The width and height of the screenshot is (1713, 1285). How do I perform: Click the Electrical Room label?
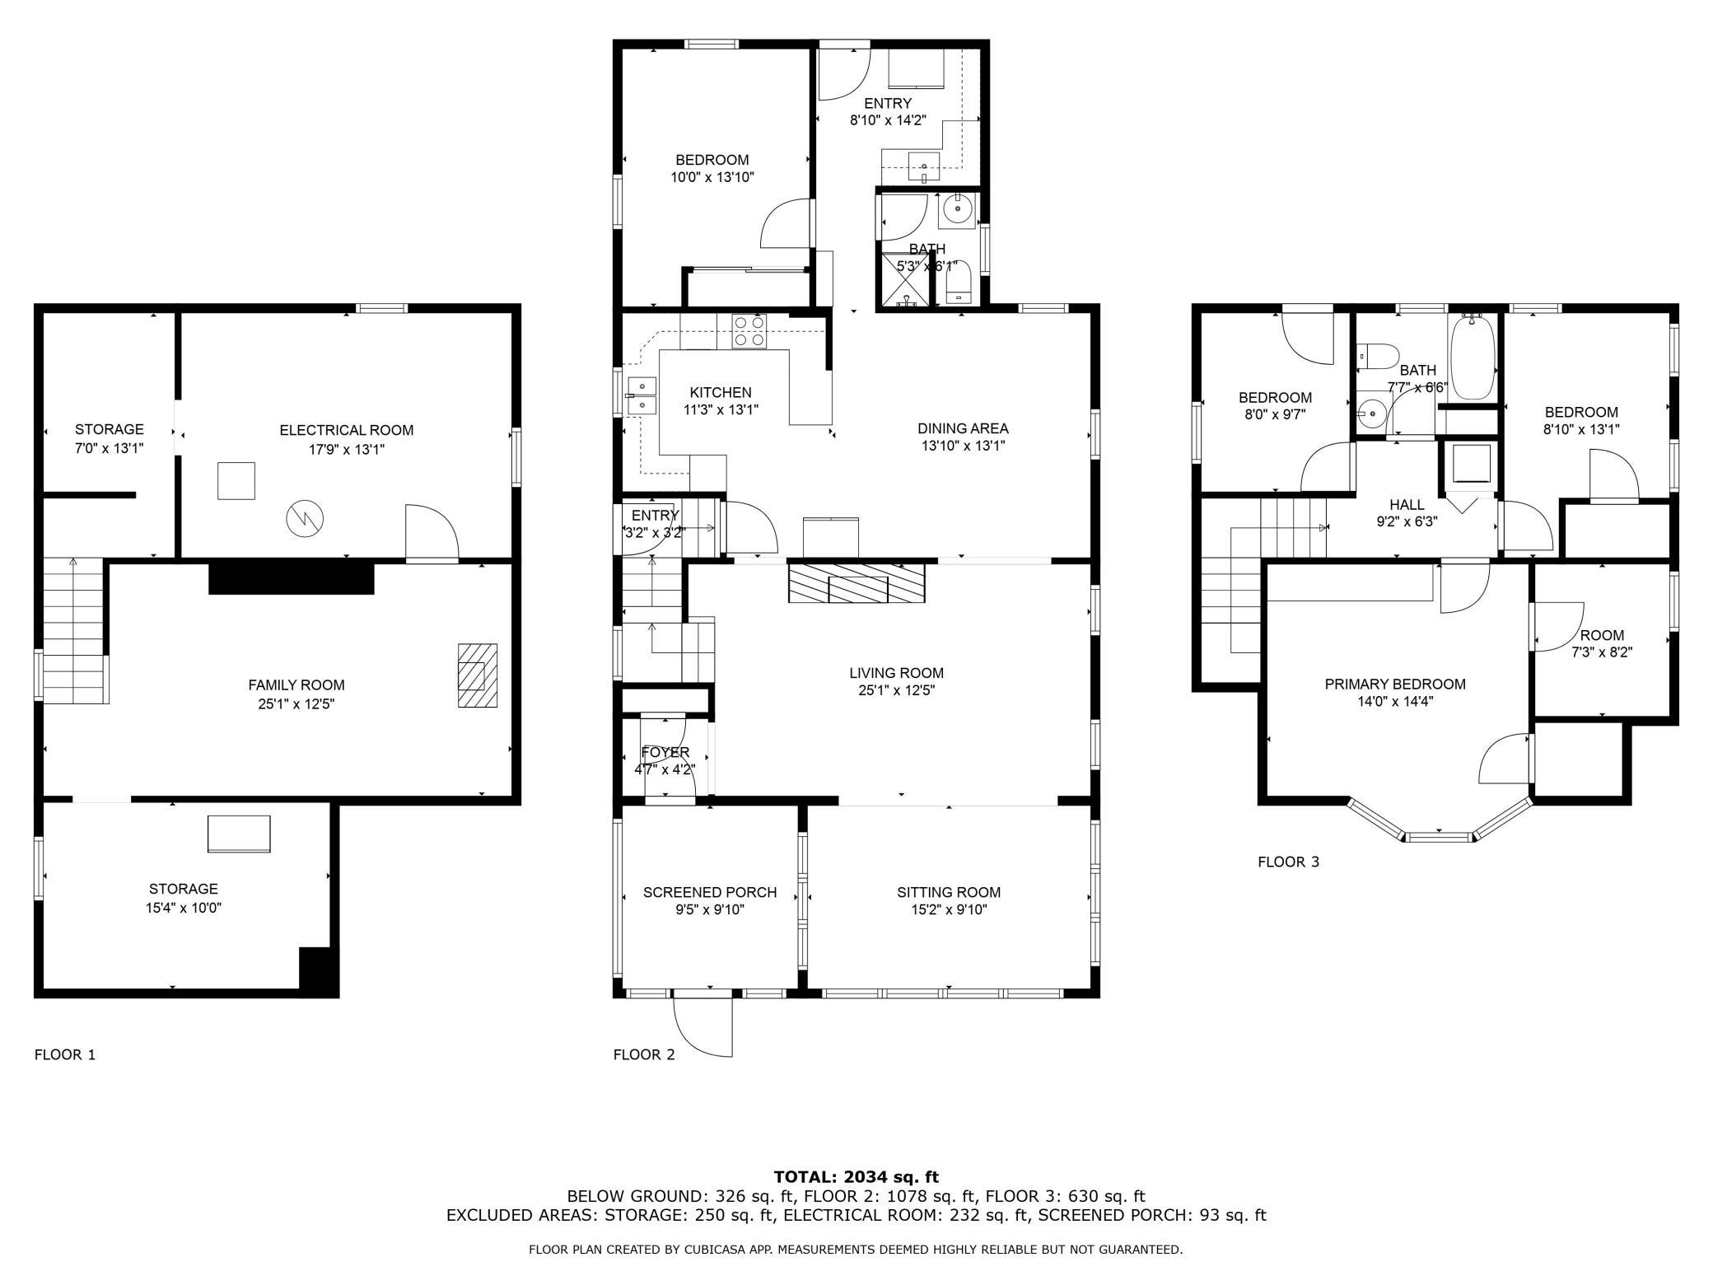(x=346, y=430)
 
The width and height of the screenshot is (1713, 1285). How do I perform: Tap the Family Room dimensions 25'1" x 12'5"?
(x=296, y=704)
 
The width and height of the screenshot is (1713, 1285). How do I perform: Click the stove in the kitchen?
(x=749, y=330)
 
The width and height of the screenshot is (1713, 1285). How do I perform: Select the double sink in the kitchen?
(x=641, y=396)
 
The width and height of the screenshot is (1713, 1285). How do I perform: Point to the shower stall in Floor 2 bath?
(x=904, y=282)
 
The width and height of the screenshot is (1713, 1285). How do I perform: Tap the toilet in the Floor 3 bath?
(x=1376, y=356)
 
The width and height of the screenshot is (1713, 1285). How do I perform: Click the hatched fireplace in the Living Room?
(x=856, y=583)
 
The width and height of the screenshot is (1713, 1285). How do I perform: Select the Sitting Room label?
(x=949, y=892)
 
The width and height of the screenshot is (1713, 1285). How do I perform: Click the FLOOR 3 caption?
(x=1288, y=862)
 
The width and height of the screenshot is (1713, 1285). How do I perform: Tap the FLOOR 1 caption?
(x=65, y=1054)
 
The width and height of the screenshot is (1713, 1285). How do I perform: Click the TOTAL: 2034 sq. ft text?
(x=856, y=1177)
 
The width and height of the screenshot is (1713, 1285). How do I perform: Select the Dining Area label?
(x=963, y=428)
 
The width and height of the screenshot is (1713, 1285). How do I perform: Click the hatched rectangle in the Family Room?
(x=478, y=675)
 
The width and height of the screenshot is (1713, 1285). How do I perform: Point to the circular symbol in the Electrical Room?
(x=305, y=518)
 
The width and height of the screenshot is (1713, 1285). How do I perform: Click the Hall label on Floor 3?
(x=1407, y=504)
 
